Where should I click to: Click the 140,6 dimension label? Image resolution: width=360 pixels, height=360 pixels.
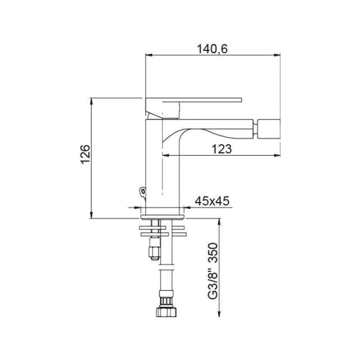(212, 49)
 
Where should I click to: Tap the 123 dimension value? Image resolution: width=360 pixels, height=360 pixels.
(221, 149)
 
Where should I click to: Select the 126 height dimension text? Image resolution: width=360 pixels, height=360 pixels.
(85, 154)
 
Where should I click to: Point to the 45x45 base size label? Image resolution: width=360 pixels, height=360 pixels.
(212, 201)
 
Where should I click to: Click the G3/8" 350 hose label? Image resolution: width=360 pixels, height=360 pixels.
(212, 271)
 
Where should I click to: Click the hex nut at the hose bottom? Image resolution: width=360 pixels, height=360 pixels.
(166, 312)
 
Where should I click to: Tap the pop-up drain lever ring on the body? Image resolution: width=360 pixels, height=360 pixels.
(143, 192)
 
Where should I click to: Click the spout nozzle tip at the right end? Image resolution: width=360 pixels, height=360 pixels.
(269, 129)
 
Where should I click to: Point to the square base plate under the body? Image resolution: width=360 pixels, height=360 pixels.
(162, 217)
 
